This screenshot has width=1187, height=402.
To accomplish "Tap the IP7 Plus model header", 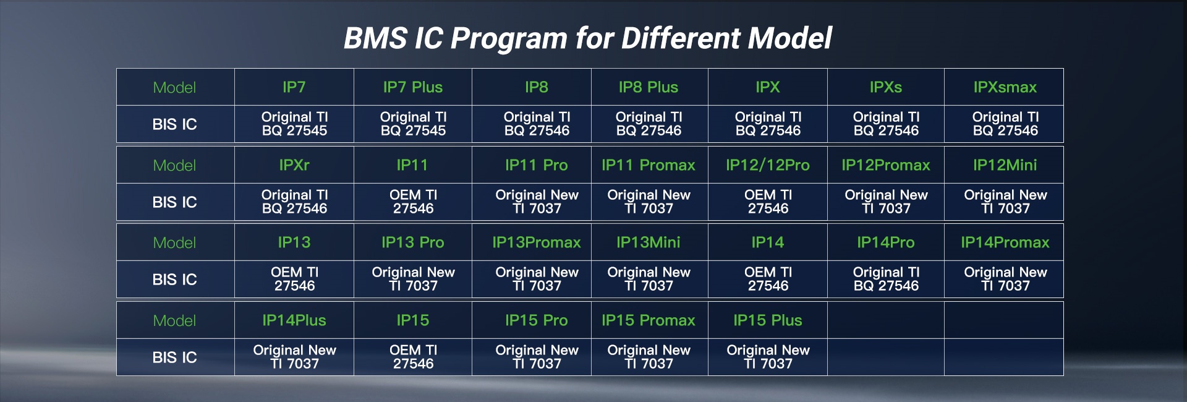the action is point(413,87).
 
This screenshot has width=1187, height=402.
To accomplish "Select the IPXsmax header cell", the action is point(1005,87).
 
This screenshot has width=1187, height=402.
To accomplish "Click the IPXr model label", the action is point(294,165).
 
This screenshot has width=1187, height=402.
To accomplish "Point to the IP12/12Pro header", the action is point(768,165).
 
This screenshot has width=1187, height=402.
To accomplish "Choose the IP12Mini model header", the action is point(1005,165).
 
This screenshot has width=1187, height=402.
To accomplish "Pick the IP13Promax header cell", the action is point(537,242).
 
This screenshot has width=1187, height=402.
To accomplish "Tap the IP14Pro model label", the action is point(886,242).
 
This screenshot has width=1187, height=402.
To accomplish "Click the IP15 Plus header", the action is point(768,320).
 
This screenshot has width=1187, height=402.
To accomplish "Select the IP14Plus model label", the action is point(294,320).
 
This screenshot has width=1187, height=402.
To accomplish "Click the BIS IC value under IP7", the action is point(294,124).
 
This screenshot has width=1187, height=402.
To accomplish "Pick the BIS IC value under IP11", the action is point(413,202).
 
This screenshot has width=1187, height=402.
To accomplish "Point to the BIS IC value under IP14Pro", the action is point(886,279).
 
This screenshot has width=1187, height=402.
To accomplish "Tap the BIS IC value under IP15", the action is point(413,357).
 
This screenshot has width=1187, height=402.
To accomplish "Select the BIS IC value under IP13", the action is point(294,279).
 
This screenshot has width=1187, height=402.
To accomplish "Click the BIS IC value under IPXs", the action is point(886,124).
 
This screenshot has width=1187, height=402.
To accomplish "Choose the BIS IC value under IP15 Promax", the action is point(649,357).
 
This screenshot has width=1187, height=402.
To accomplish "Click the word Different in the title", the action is point(681,38).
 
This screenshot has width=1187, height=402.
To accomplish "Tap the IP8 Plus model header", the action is point(649,87).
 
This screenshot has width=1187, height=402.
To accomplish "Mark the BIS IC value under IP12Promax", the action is point(886,202).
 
